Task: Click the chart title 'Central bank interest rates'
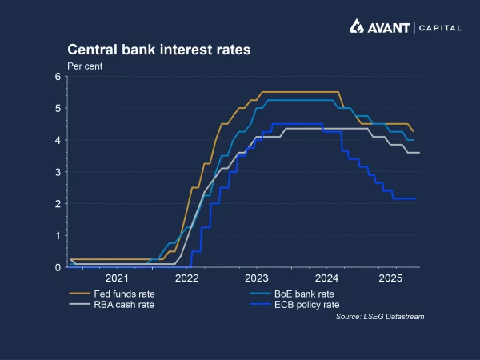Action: click(159, 50)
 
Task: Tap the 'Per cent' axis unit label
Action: click(84, 65)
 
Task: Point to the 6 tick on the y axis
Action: click(58, 77)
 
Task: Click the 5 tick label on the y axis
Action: click(58, 108)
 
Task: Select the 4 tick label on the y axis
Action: click(58, 140)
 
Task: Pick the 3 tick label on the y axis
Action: click(58, 172)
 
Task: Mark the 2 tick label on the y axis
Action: click(58, 204)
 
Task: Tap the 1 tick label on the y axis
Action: click(58, 235)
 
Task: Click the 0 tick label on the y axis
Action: click(58, 267)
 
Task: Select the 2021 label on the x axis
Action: click(117, 278)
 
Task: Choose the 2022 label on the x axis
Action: click(186, 278)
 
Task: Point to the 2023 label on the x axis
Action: click(257, 278)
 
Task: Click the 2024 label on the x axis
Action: click(327, 278)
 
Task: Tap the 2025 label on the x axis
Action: click(391, 278)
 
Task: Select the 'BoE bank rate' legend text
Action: click(305, 293)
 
